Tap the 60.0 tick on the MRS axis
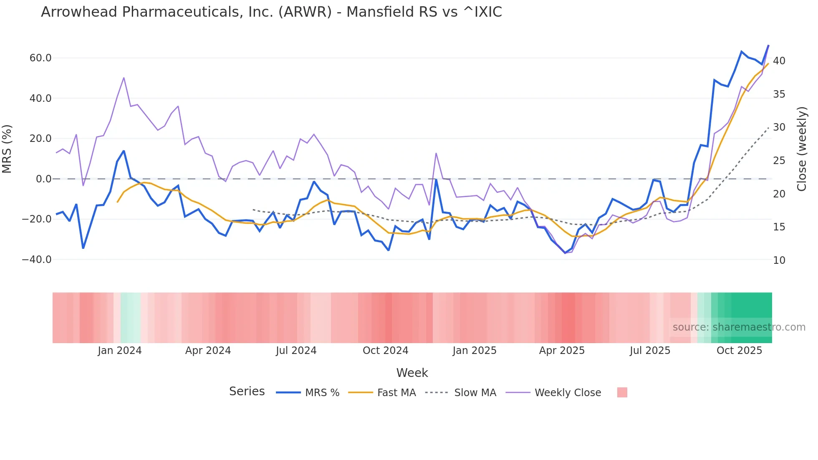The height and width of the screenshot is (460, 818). click(x=40, y=58)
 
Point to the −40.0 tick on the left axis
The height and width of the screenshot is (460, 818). click(x=37, y=260)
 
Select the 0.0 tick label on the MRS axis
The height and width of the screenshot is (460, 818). click(x=44, y=179)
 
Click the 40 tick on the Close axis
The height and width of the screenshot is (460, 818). click(x=779, y=61)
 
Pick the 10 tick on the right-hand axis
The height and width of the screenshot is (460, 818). click(x=779, y=260)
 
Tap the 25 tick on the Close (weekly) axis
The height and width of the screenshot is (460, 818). click(x=779, y=161)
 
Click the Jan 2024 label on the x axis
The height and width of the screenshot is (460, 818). click(x=120, y=351)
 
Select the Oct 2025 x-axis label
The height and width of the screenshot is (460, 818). click(x=739, y=351)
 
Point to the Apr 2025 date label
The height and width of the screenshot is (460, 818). click(x=562, y=351)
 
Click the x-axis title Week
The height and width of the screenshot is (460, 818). click(x=412, y=373)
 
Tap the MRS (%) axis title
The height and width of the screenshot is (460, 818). click(x=7, y=149)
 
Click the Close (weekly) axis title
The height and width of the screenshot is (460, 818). click(x=802, y=149)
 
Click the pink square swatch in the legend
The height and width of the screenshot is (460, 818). click(x=622, y=392)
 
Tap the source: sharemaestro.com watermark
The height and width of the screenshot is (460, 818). click(x=739, y=327)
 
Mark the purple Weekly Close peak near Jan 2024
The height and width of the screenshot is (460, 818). click(x=124, y=78)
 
